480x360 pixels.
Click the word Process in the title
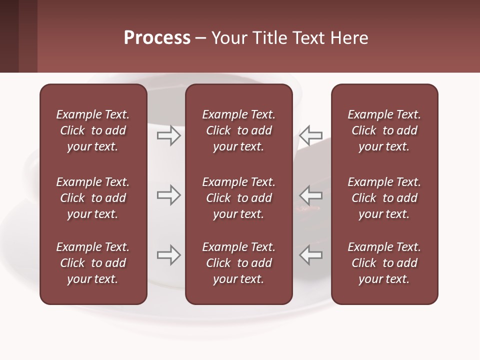tap(157, 38)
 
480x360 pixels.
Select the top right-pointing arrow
tap(168, 135)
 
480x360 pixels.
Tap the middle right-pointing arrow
tap(168, 195)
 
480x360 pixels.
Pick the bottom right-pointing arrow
tap(168, 255)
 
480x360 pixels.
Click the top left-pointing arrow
tap(310, 135)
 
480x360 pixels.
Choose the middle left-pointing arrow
tap(310, 195)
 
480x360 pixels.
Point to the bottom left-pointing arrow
tap(310, 255)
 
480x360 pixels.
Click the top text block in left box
tap(93, 130)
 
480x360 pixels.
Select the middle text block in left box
tap(93, 198)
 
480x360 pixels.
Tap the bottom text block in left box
tap(93, 263)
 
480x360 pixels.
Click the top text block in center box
tap(238, 130)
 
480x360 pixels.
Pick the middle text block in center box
tap(238, 198)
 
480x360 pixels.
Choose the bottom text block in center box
tap(238, 263)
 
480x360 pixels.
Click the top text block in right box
tap(384, 130)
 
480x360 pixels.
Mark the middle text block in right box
tap(384, 198)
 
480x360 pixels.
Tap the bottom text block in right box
tap(384, 263)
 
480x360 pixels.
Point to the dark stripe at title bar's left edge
tap(9, 36)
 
